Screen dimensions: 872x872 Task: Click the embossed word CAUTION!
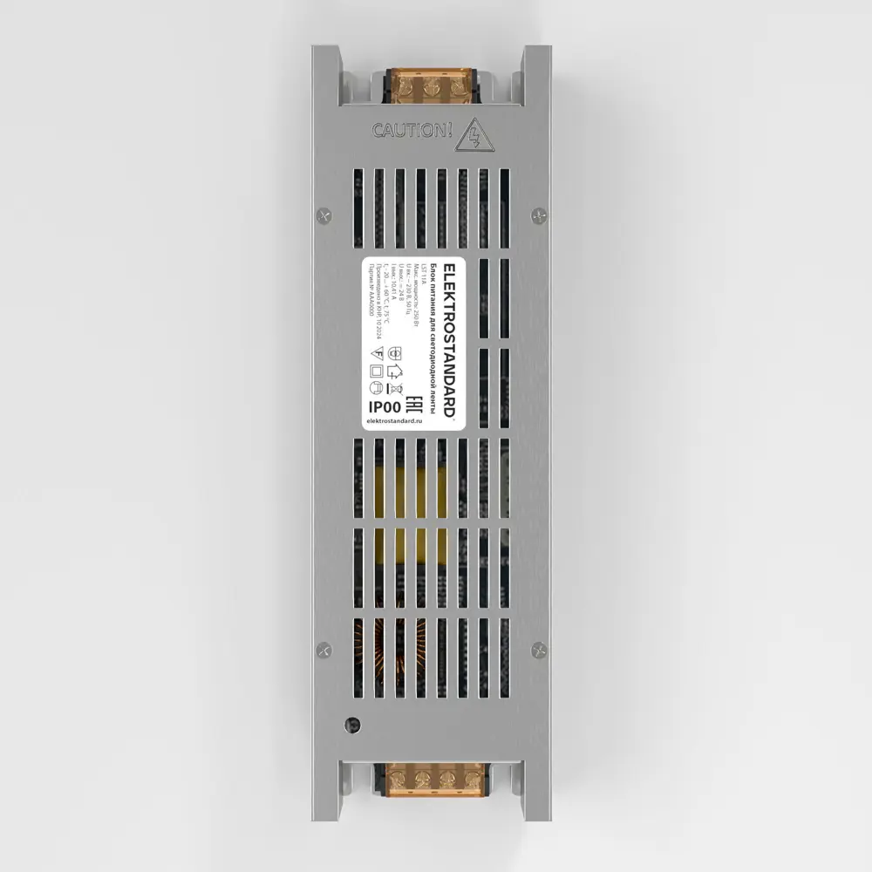pos(412,131)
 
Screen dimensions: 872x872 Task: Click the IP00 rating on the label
pos(385,406)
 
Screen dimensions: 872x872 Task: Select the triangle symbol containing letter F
pos(377,353)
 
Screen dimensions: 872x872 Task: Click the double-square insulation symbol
pos(377,371)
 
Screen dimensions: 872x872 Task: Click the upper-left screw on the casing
pos(324,213)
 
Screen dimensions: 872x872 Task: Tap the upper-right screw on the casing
pos(538,213)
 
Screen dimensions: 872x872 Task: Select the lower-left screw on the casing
pos(324,649)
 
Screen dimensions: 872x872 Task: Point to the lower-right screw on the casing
pos(538,649)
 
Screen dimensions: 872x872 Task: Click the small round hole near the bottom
pos(352,723)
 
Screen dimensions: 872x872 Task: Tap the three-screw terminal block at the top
pos(430,88)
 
